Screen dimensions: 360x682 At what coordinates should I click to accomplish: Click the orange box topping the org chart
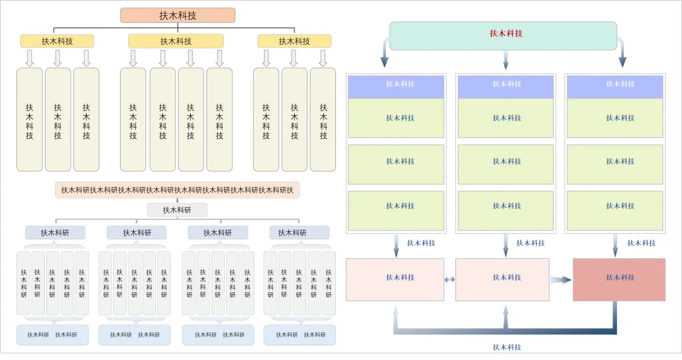pos(177,15)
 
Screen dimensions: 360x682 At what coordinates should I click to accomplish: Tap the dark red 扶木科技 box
pos(619,278)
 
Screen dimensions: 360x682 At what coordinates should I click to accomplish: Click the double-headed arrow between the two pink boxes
pos(450,279)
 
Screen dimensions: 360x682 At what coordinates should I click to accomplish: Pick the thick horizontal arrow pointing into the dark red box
pos(560,279)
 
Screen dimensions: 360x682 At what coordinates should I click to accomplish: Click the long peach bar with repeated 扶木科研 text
pos(177,190)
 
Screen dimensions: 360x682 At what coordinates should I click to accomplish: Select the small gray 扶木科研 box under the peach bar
pos(177,210)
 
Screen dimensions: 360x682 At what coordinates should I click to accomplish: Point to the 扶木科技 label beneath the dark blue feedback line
pos(506,347)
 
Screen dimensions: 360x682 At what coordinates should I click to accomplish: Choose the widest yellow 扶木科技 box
pos(176,41)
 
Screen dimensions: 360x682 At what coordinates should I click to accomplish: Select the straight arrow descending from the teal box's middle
pos(505,61)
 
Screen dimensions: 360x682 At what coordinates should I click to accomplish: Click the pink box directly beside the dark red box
pos(502,278)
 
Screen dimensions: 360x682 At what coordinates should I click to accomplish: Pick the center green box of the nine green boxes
pos(506,162)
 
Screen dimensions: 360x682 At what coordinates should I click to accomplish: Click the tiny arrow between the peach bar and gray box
pos(177,200)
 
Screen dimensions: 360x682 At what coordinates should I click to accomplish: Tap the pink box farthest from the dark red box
pos(395,278)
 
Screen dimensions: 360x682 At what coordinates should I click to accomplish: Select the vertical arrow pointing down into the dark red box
pos(615,245)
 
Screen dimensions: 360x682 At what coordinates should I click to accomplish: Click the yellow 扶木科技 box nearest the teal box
pos(294,41)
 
